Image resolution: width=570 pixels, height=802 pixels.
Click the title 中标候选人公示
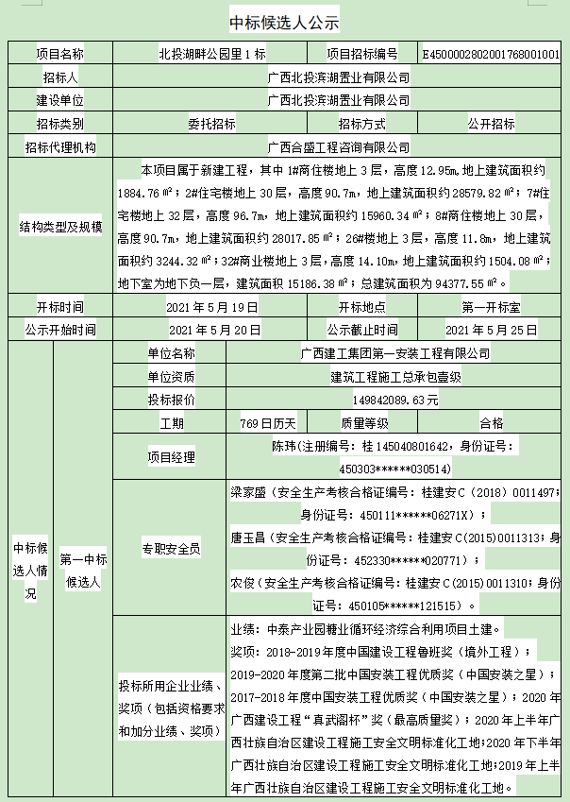(284, 22)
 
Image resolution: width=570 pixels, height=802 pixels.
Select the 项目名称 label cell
(59, 55)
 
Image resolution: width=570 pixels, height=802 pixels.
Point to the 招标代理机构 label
(59, 147)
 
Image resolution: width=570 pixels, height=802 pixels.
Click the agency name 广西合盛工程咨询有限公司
(339, 147)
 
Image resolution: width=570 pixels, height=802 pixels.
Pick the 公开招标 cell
(492, 124)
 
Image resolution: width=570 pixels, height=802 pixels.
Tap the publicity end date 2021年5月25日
(492, 330)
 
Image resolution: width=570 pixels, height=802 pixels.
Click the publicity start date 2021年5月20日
(214, 330)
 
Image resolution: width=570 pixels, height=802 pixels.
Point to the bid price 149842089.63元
(386, 400)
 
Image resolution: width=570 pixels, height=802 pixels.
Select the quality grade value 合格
(492, 422)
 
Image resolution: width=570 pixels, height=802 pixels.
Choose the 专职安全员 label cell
(171, 548)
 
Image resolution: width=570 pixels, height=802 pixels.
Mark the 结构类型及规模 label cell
(59, 228)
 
